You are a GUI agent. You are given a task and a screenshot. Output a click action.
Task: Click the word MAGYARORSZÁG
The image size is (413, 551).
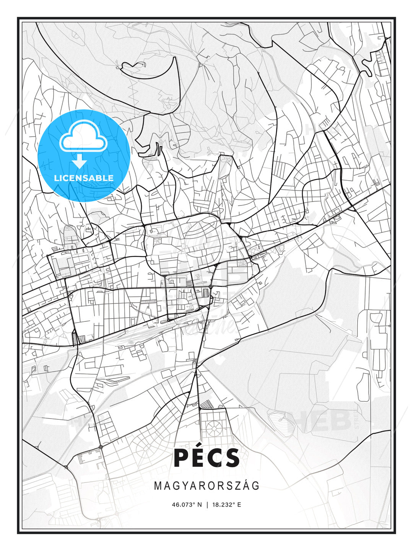[206, 486]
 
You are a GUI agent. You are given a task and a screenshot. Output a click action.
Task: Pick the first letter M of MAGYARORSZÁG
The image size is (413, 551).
[158, 486]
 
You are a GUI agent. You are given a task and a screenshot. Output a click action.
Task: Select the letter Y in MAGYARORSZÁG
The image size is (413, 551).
[182, 486]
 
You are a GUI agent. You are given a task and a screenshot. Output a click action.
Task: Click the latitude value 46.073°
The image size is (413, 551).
[184, 505]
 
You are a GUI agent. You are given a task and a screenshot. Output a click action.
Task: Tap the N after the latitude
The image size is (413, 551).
[199, 505]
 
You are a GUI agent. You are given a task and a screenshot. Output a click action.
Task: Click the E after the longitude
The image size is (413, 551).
[239, 505]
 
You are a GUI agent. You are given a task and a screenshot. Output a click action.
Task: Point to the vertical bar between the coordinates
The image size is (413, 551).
[207, 505]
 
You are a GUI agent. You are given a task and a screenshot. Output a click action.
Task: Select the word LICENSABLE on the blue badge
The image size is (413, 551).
[84, 178]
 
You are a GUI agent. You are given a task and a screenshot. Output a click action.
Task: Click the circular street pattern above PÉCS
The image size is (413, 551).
[213, 425]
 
